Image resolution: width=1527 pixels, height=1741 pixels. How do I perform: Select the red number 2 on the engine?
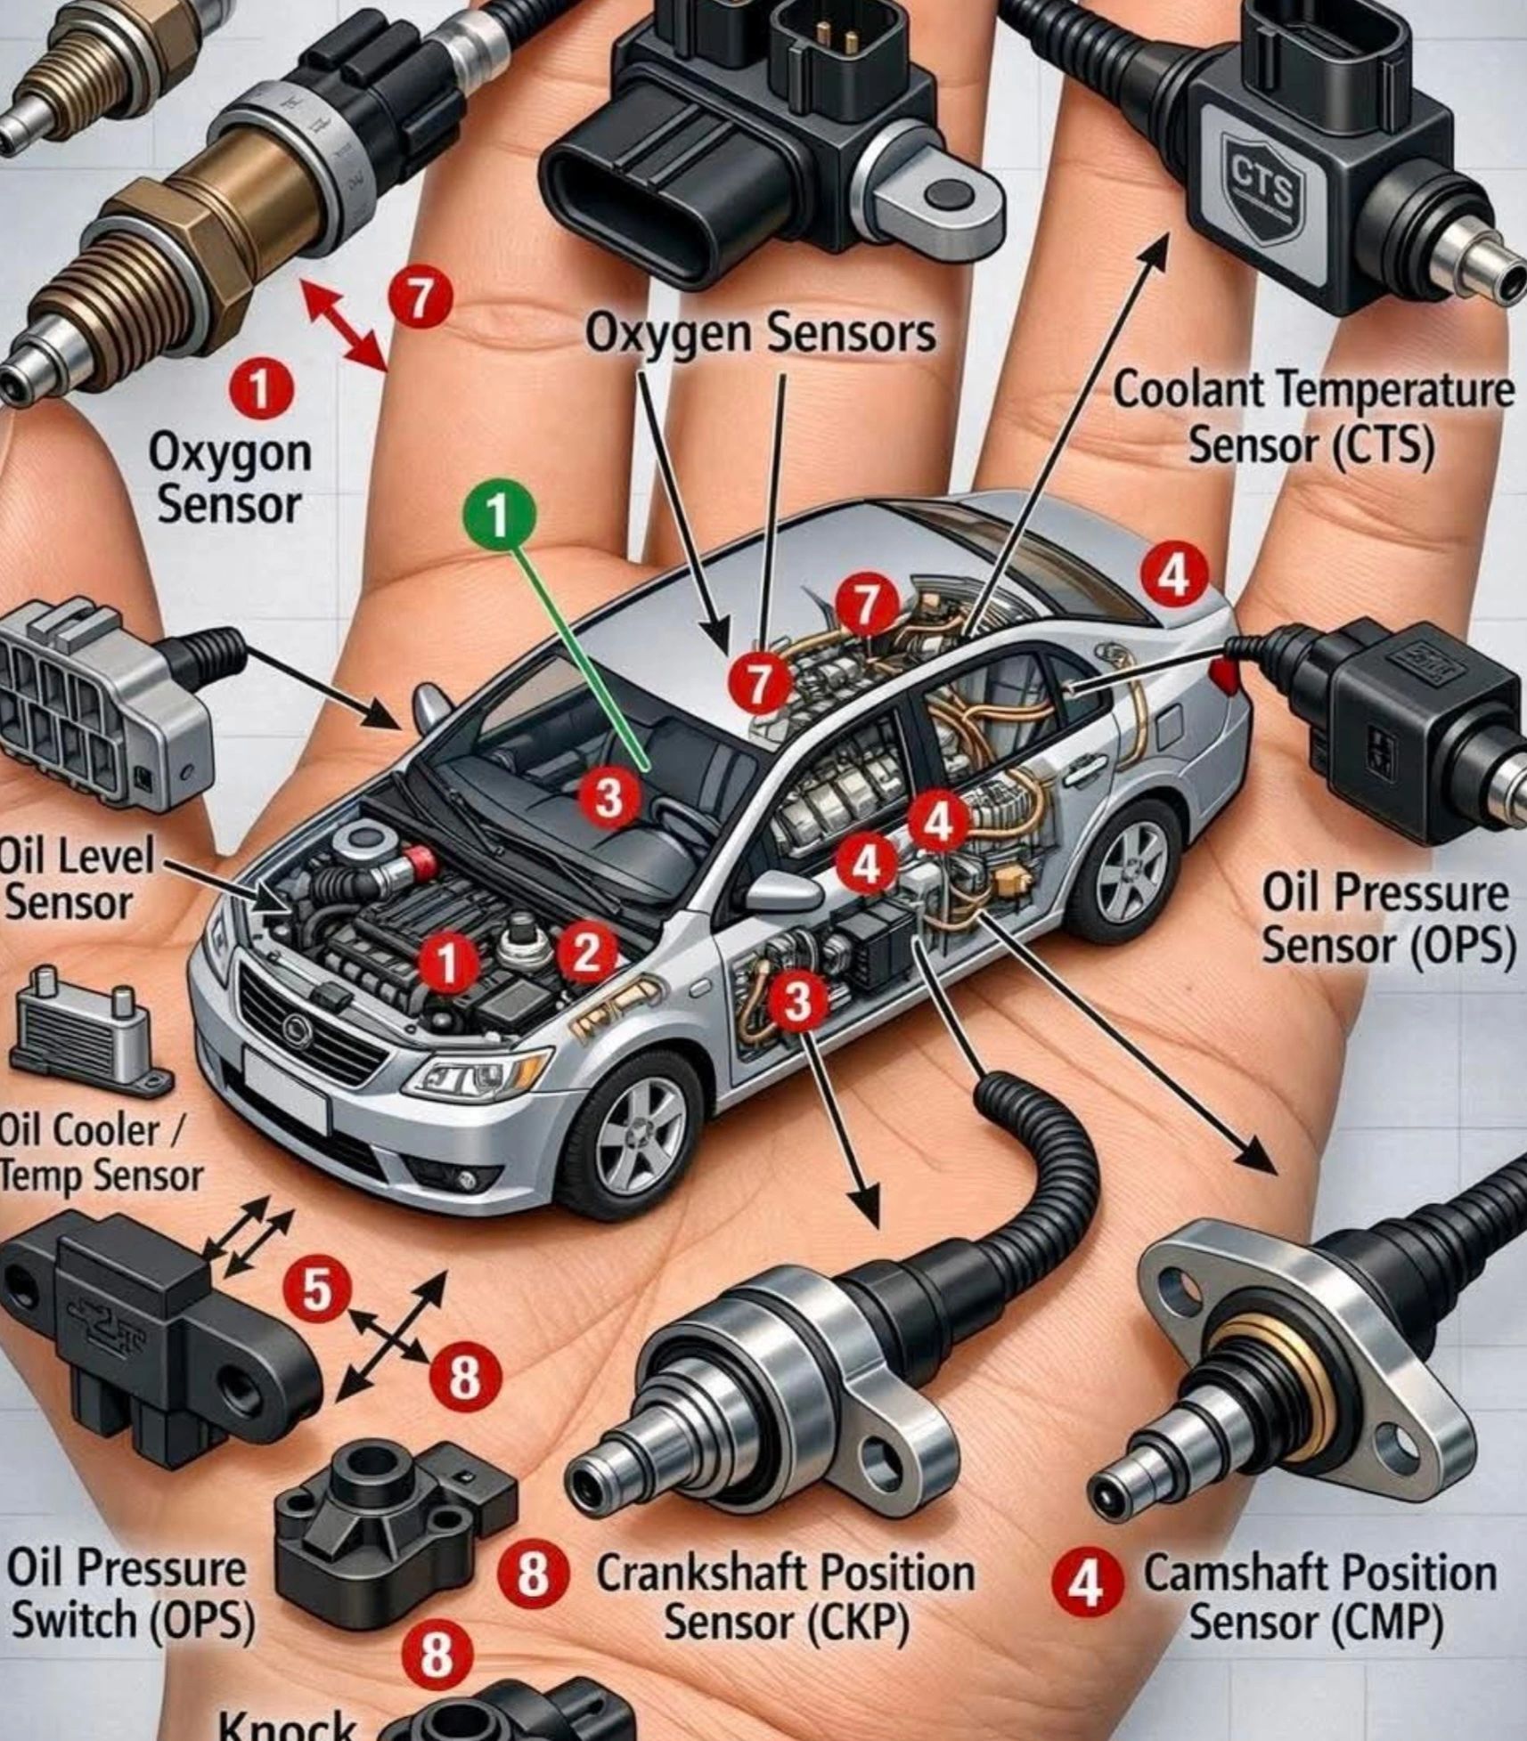tap(586, 954)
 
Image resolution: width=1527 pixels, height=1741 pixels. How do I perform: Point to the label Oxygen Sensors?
tap(760, 335)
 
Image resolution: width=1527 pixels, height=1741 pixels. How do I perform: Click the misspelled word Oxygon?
tap(230, 452)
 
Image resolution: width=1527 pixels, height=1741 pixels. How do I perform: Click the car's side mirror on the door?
tap(780, 888)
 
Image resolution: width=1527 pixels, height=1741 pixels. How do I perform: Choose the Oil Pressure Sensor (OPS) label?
tap(1385, 919)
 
